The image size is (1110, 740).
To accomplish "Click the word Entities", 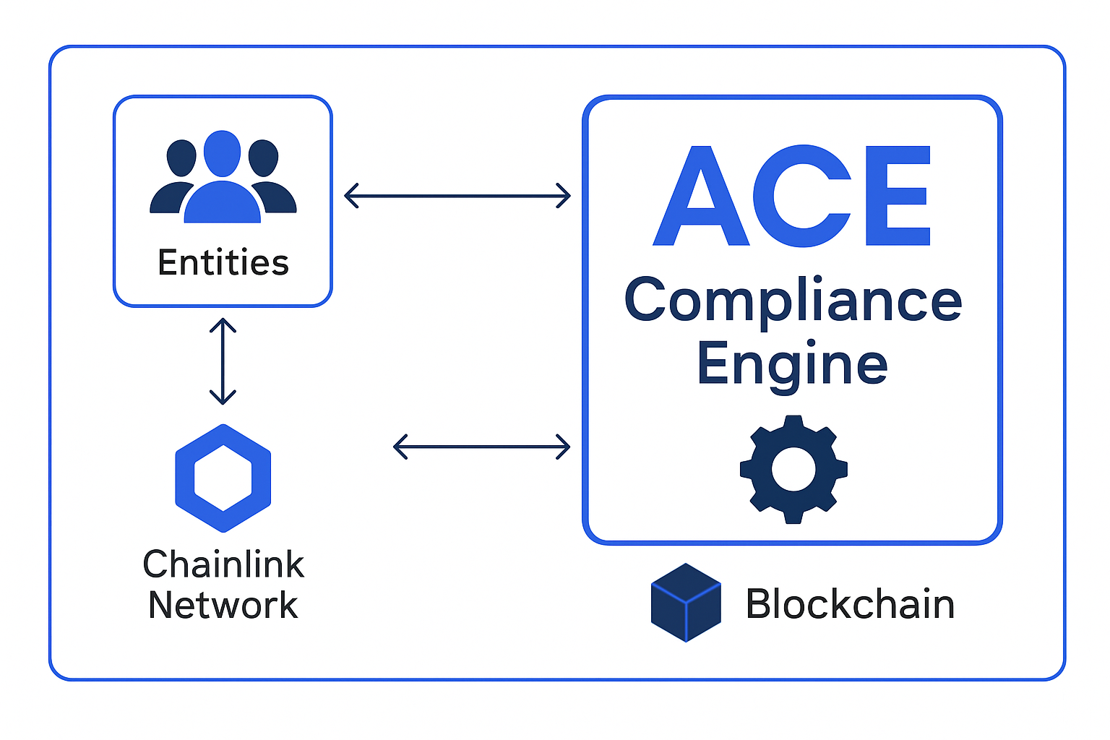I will (x=223, y=262).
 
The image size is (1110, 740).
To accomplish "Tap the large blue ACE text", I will (x=792, y=196).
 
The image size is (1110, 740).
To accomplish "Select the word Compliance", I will (x=793, y=301).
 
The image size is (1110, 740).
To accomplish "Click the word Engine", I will (x=792, y=364).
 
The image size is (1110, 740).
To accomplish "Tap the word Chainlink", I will (x=223, y=564).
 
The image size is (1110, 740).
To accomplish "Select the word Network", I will (x=223, y=605).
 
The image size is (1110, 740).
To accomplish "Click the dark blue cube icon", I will (x=686, y=603).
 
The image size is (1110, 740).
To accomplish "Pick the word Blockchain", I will (x=850, y=604).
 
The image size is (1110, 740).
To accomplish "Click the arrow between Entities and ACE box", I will (x=457, y=195).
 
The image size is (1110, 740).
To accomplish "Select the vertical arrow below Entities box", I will (x=223, y=361).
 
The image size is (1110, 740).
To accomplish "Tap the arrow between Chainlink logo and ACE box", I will (x=481, y=447).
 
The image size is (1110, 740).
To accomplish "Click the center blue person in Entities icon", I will (x=222, y=181).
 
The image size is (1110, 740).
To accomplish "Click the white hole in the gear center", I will (x=793, y=469).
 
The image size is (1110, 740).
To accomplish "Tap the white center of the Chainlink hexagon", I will (x=223, y=478).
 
